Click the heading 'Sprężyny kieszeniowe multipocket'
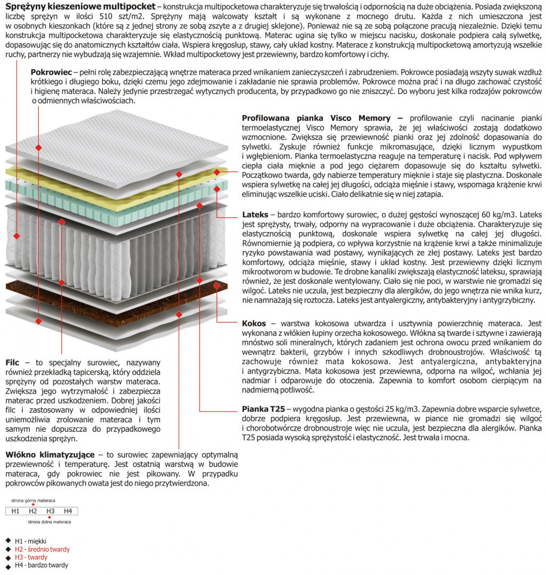pyautogui.click(x=80, y=6)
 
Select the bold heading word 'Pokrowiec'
pyautogui.click(x=51, y=71)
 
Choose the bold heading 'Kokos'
pyautogui.click(x=254, y=323)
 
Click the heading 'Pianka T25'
pyautogui.click(x=263, y=409)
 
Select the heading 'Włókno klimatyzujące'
pyautogui.click(x=50, y=455)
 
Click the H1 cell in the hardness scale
pyautogui.click(x=15, y=511)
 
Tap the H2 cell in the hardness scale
pyautogui.click(x=33, y=511)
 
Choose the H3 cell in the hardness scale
pyautogui.click(x=51, y=511)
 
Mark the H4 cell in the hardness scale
pyautogui.click(x=68, y=511)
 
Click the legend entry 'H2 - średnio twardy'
pyautogui.click(x=42, y=549)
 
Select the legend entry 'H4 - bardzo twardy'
pyautogui.click(x=42, y=565)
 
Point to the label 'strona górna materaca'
pyautogui.click(x=33, y=500)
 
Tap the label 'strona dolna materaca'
pyautogui.click(x=49, y=522)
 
